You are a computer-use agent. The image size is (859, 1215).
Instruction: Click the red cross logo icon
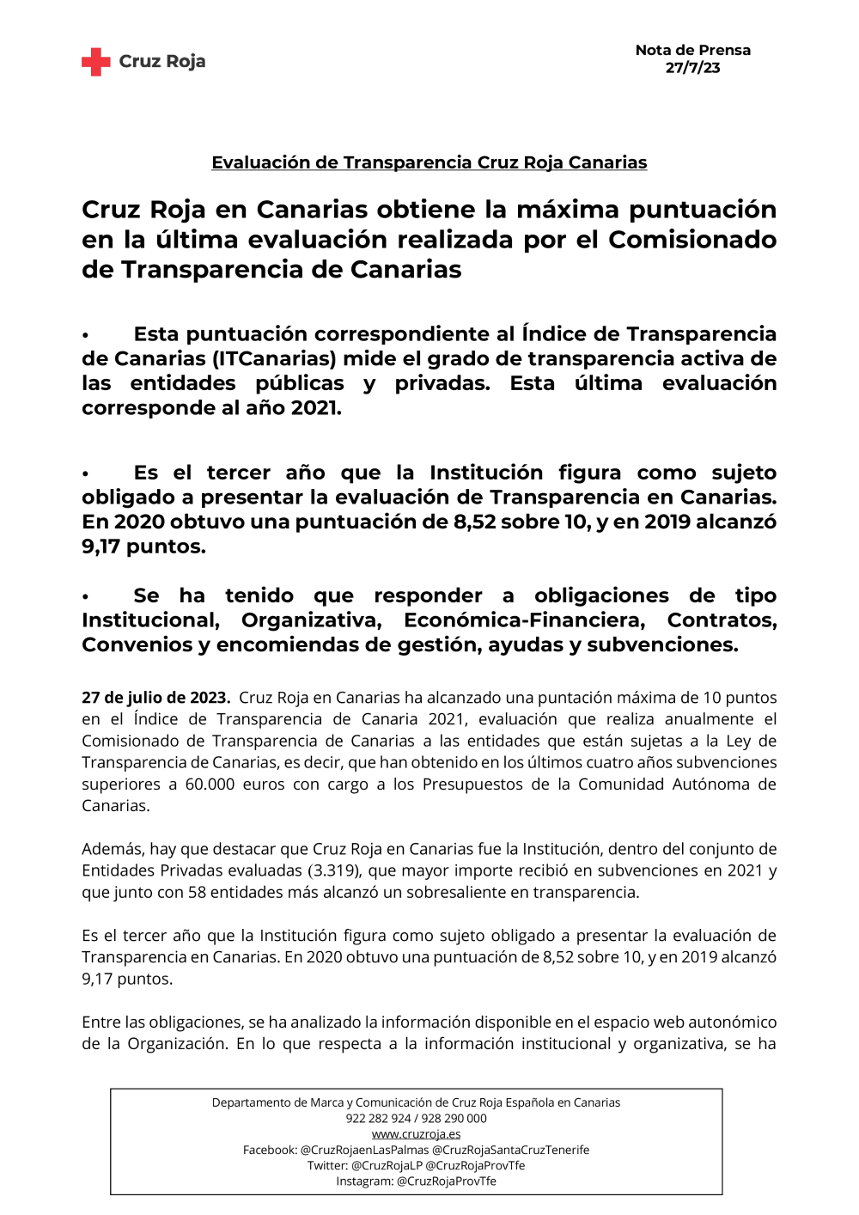pyautogui.click(x=96, y=62)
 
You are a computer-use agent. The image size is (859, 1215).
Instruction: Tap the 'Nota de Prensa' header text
pyautogui.click(x=692, y=51)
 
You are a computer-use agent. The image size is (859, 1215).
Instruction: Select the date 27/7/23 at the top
pyautogui.click(x=692, y=68)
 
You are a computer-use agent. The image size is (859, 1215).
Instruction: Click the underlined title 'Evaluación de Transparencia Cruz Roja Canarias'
pyautogui.click(x=429, y=162)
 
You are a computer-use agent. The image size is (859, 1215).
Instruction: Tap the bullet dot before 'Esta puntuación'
pyautogui.click(x=86, y=335)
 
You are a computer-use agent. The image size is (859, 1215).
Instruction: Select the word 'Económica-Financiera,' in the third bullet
pyautogui.click(x=524, y=620)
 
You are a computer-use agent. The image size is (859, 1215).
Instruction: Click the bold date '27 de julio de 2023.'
pyautogui.click(x=155, y=698)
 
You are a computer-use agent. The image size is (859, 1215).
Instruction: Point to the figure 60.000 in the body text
pyautogui.click(x=210, y=785)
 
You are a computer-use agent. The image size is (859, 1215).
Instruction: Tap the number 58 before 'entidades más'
pyautogui.click(x=197, y=892)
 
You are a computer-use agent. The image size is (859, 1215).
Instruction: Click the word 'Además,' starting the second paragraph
pyautogui.click(x=113, y=849)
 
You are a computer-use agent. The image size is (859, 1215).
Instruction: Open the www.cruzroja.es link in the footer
pyautogui.click(x=416, y=1134)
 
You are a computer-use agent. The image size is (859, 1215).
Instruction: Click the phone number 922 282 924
pyautogui.click(x=378, y=1119)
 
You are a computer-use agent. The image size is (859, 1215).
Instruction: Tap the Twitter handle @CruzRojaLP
pyautogui.click(x=387, y=1166)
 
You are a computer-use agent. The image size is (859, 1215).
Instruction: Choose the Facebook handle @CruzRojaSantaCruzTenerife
pyautogui.click(x=510, y=1150)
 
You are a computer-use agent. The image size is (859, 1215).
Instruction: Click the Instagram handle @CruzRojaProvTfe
pyautogui.click(x=446, y=1181)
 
